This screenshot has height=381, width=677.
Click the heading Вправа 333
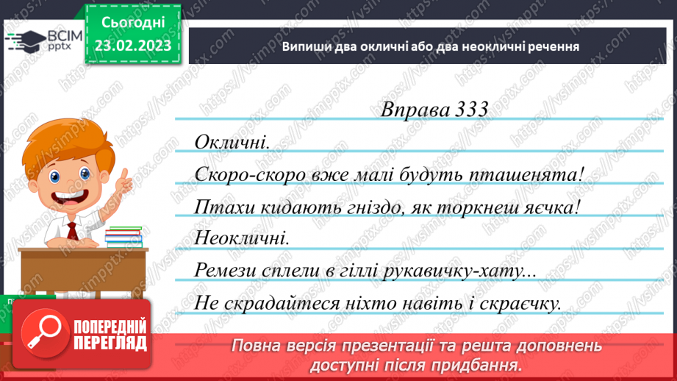[x=434, y=109]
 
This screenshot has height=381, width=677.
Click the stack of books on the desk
[x=123, y=236]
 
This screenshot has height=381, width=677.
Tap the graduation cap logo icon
[x=24, y=40]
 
